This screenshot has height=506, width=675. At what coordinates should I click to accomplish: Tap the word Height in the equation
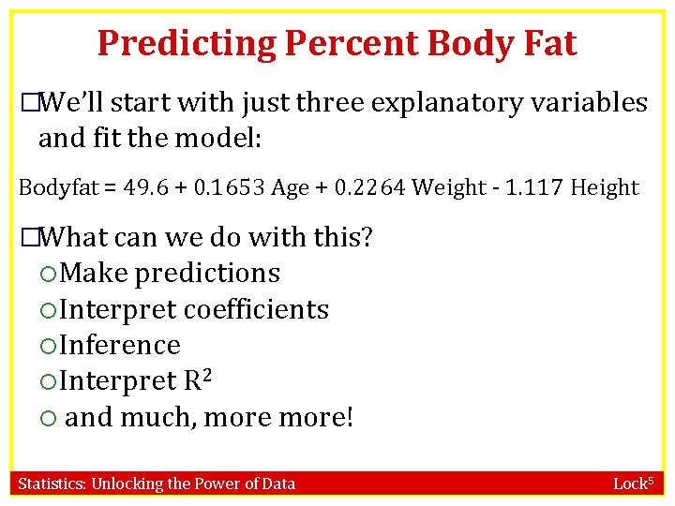(605, 187)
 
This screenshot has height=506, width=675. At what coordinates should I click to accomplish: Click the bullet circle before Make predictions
(49, 274)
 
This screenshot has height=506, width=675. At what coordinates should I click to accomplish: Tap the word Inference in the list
(119, 345)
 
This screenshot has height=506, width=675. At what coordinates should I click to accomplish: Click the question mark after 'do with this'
(367, 237)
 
